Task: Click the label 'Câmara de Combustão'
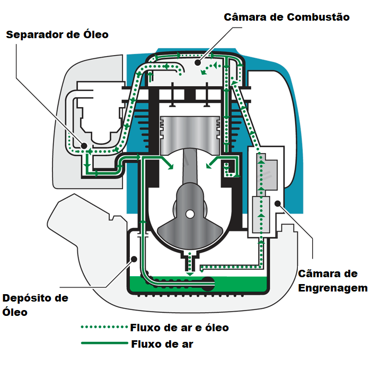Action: tap(287, 17)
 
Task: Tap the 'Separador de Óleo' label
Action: tap(57, 35)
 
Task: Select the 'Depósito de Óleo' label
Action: tap(35, 305)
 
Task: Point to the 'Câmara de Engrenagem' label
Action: tap(333, 281)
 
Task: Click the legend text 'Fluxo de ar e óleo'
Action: tap(179, 328)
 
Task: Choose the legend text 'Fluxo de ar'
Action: tap(162, 344)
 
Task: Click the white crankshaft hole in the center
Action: tap(190, 213)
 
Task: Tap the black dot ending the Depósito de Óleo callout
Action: tap(135, 259)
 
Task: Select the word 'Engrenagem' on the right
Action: tap(333, 288)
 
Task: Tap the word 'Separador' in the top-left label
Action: tap(33, 35)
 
